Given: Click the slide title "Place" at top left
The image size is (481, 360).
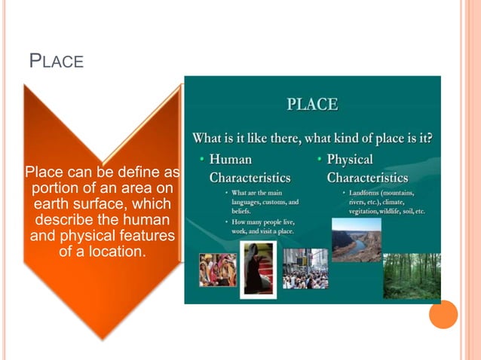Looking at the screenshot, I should [x=56, y=60].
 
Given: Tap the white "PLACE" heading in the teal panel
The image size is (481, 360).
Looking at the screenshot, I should [x=312, y=105].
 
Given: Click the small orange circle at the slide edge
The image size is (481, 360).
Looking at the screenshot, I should [x=443, y=314].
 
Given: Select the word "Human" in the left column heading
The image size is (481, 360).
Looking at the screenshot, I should [x=231, y=160].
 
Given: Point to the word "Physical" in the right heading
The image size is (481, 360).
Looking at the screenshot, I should [x=350, y=160].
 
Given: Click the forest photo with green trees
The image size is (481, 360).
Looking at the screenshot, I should [x=411, y=276].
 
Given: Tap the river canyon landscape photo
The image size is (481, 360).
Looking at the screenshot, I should [x=357, y=239].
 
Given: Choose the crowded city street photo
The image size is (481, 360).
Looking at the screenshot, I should [x=305, y=269].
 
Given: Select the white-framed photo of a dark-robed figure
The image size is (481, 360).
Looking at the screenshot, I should [x=258, y=270].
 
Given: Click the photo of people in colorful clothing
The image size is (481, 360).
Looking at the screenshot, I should [x=217, y=270].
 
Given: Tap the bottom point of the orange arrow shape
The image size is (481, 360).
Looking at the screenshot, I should [x=103, y=337].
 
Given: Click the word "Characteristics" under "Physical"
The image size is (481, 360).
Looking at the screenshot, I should [x=367, y=178].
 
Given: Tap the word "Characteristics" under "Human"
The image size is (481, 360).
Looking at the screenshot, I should [x=250, y=178].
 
